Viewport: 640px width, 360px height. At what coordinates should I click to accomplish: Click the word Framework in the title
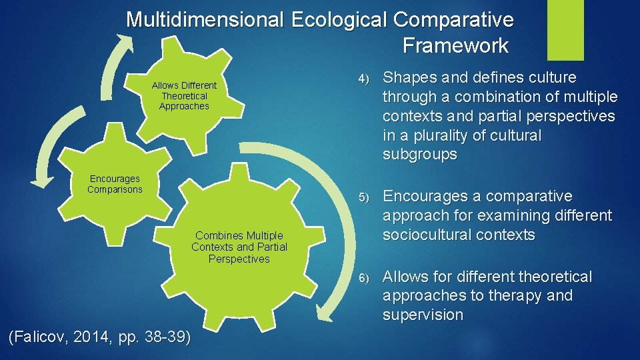[x=455, y=45]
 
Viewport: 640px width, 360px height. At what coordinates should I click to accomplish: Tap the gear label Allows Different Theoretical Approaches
[x=184, y=95]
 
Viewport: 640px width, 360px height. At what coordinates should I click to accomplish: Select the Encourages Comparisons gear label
[x=115, y=184]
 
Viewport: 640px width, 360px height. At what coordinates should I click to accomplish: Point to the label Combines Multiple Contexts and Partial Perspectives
[x=239, y=247]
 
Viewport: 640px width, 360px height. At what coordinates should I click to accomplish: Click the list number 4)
[x=363, y=79]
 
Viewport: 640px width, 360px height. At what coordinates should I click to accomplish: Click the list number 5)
[x=363, y=197]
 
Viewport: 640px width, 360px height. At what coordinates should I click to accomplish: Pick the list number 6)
[x=363, y=277]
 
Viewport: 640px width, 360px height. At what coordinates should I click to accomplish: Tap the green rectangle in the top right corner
[x=565, y=30]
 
